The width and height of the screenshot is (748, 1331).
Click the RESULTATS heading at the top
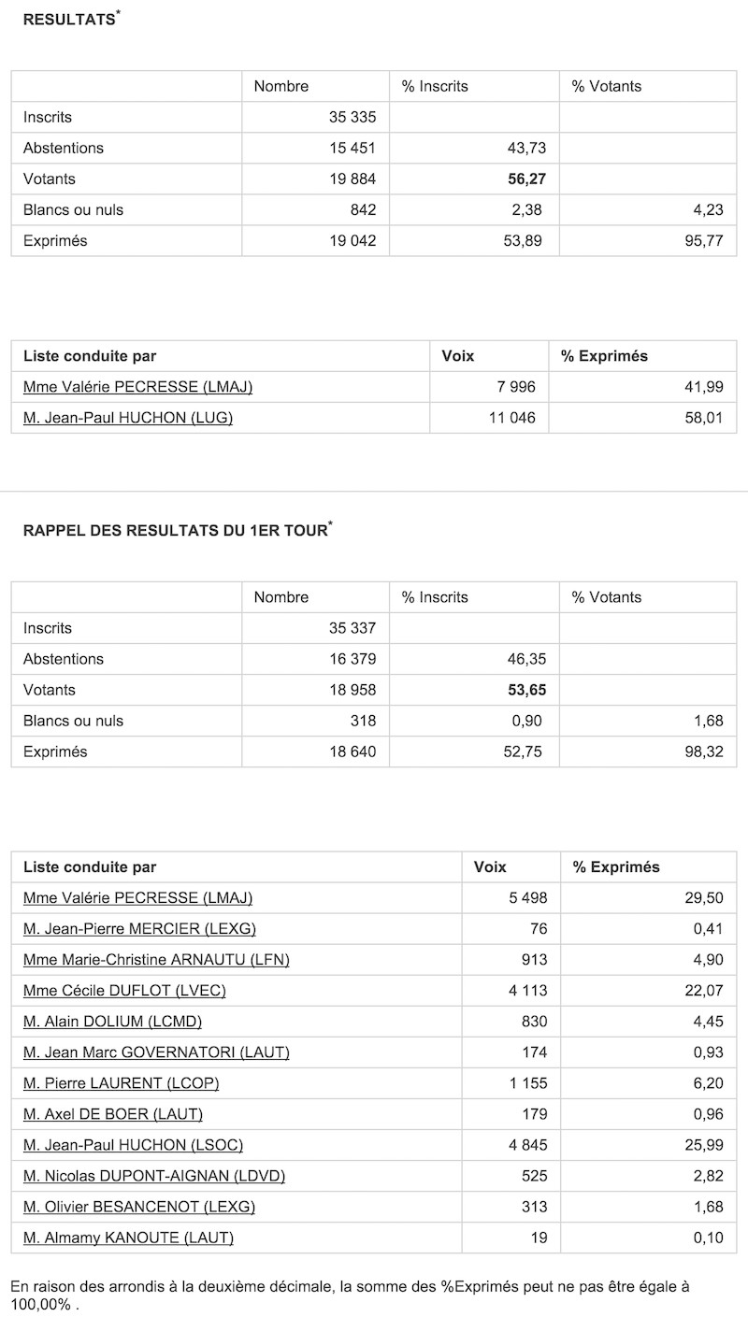68,20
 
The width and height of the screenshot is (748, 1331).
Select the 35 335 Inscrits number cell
352,117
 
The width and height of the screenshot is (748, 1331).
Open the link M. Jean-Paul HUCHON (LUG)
128,418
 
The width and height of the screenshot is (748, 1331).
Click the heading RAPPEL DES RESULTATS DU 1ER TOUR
175,531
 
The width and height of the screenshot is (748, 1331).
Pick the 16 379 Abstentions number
352,659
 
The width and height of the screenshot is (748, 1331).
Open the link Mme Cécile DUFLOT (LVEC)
124,990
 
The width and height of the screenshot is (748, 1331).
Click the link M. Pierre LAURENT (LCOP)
122,1082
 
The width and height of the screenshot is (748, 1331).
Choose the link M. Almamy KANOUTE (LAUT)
128,1238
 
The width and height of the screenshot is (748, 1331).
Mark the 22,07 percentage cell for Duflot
702,990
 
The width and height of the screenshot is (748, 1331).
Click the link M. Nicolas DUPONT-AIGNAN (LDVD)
154,1175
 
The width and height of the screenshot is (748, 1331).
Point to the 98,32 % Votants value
702,751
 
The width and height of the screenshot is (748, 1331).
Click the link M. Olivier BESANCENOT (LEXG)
139,1206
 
